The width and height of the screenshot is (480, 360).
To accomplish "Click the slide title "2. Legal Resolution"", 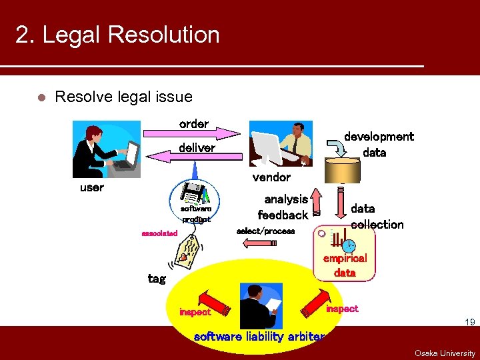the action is click(117, 35).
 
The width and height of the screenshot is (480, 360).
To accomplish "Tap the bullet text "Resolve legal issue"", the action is click(123, 97).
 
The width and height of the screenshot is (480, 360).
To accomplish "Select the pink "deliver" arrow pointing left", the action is click(193, 155).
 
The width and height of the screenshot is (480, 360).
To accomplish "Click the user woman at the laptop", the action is click(107, 148).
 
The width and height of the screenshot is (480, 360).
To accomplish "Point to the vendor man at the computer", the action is click(281, 144).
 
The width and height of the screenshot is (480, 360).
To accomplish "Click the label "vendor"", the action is click(271, 177).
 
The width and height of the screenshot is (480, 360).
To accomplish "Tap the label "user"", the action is click(91, 187).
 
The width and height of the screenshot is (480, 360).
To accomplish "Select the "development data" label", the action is click(379, 144).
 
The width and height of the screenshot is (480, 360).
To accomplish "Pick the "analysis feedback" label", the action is click(283, 207).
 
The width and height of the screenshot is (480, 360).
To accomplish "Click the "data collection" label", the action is click(377, 217).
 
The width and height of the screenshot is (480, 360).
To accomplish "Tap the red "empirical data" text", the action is click(345, 265).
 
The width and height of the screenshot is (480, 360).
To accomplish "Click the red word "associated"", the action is click(159, 233).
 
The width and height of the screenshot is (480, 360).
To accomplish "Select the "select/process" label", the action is click(265, 231).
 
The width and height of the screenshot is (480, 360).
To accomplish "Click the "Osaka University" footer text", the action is click(445, 353).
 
